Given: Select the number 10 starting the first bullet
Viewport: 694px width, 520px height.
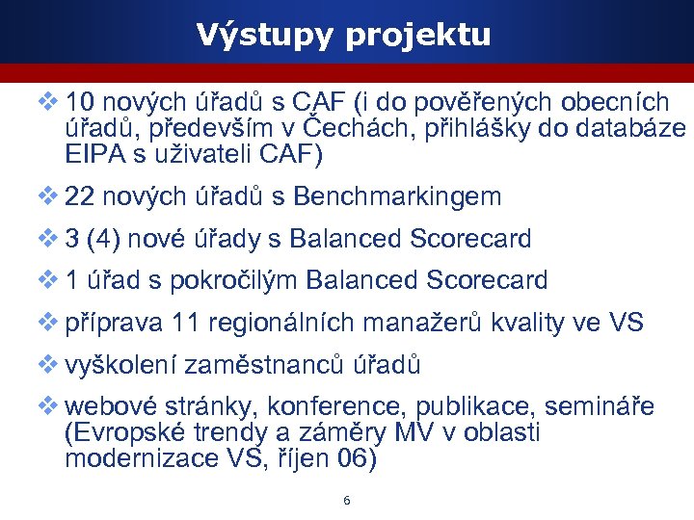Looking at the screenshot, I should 80,103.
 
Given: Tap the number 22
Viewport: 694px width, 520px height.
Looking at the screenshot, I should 80,197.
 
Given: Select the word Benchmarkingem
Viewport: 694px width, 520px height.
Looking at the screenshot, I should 397,198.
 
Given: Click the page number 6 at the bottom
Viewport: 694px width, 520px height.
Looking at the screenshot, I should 346,501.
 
